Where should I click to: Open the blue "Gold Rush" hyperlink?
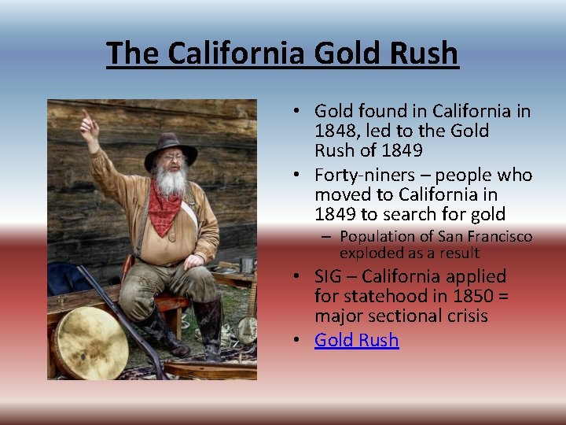356,340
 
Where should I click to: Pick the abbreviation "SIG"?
329,276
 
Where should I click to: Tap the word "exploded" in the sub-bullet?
369,253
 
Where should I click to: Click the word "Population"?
374,236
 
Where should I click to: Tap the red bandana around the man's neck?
165,209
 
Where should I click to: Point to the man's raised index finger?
85,116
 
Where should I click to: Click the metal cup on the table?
247,265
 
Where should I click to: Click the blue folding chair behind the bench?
63,280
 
